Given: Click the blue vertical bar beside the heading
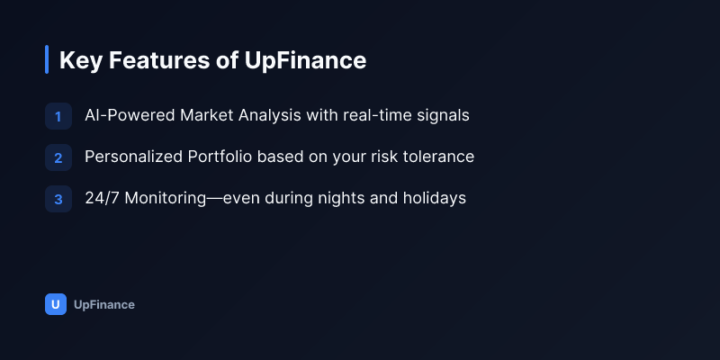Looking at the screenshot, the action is [x=47, y=59].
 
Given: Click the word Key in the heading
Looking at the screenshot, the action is [x=80, y=60].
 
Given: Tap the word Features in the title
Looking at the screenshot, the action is [x=159, y=60].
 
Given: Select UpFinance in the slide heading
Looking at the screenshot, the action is [x=305, y=60].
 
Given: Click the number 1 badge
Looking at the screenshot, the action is [x=58, y=116].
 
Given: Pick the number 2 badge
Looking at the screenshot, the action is [x=58, y=157].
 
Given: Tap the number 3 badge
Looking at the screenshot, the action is [x=58, y=199].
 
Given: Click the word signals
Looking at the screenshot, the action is [x=443, y=116].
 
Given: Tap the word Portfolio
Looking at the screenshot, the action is [x=220, y=157].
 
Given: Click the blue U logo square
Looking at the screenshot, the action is [x=56, y=304].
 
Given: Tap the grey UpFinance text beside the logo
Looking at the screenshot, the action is [x=104, y=304].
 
